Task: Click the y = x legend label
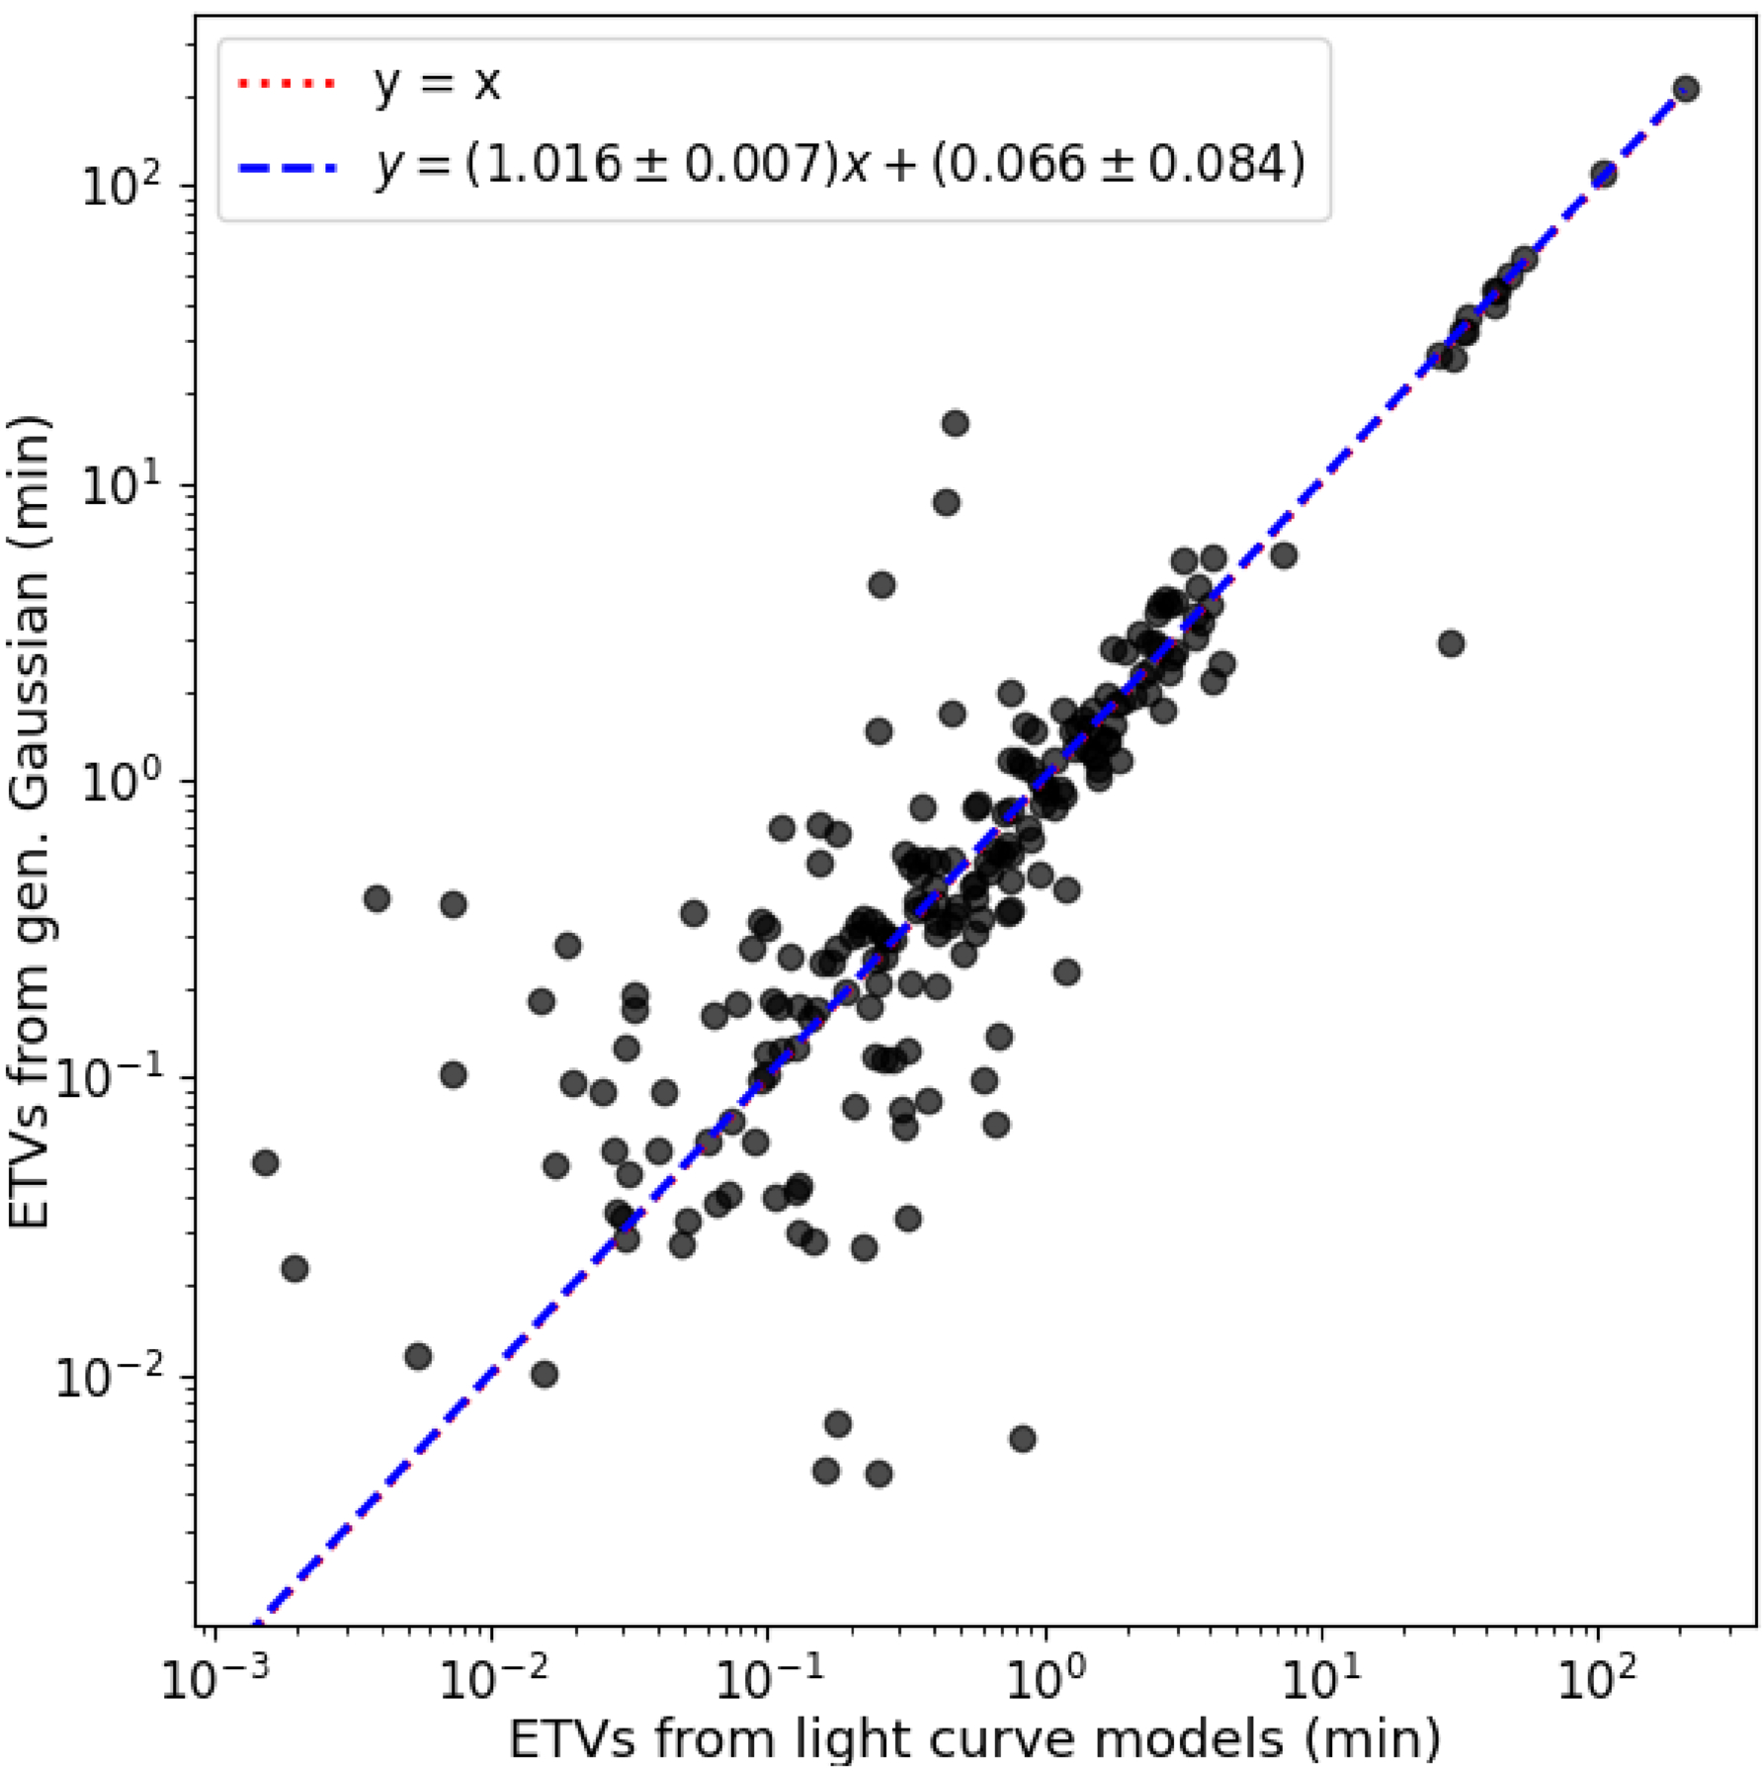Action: click(437, 83)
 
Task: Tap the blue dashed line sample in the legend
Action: click(287, 164)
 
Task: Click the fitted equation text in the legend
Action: click(839, 164)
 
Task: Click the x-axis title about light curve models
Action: click(973, 1738)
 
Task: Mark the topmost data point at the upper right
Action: click(1686, 89)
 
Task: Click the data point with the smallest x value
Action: click(265, 1162)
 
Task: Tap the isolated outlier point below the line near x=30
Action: click(1450, 644)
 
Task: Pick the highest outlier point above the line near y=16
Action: click(955, 424)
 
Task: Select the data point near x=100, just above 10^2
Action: click(1603, 175)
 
